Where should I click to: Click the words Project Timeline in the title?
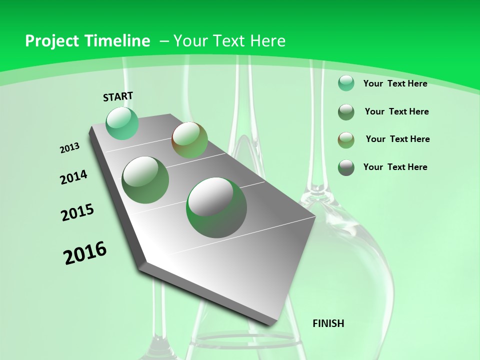87,41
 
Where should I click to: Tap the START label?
118,96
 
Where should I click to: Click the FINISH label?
328,323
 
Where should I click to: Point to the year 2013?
69,148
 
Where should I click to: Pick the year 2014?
73,177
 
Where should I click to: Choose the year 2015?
77,212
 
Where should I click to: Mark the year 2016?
85,253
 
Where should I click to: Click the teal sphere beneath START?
122,123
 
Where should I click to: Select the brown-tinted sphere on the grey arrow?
189,139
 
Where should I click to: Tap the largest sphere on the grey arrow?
216,207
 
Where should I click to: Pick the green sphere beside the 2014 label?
145,179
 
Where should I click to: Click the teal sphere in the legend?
346,83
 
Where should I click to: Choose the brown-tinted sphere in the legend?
346,139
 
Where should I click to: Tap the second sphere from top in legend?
346,111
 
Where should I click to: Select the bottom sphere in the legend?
346,167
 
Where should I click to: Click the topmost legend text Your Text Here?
395,83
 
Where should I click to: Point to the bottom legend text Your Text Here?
395,167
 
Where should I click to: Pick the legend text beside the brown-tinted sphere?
397,139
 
